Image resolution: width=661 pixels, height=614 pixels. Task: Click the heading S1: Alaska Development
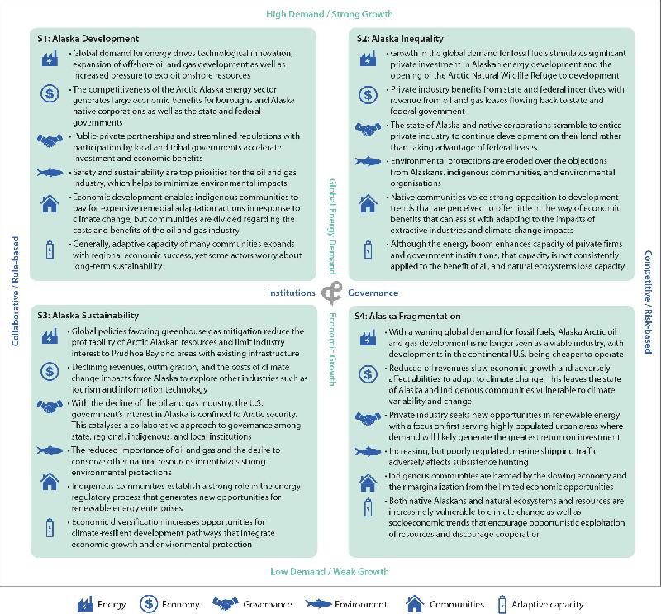coord(88,39)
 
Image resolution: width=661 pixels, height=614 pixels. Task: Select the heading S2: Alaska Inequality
coord(399,39)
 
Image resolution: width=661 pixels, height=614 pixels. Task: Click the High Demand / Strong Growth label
coord(330,14)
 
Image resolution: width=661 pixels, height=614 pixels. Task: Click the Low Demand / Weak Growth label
coord(330,571)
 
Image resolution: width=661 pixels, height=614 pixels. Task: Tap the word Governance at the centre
coord(373,293)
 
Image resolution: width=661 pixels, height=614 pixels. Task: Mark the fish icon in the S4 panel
coord(366,452)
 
